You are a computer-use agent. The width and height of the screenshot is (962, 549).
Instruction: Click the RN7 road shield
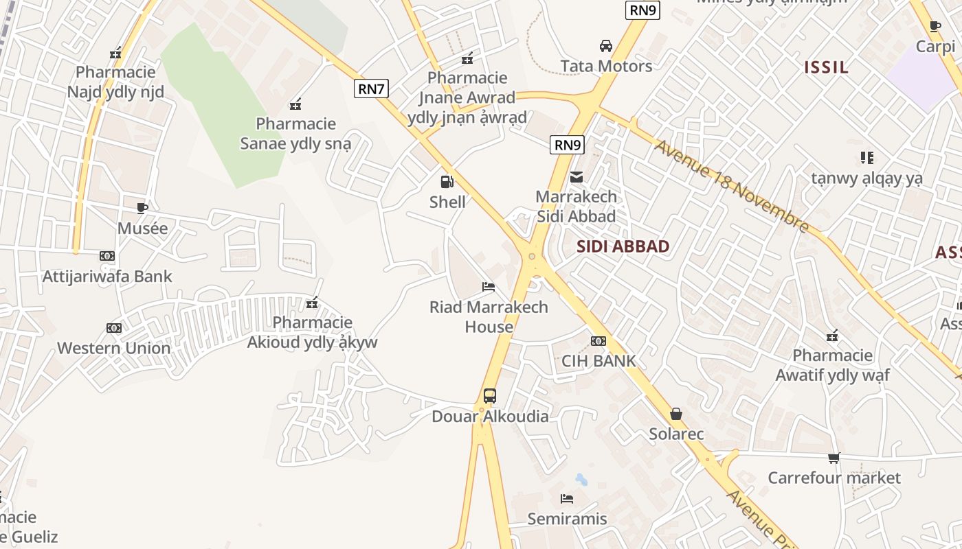click(x=372, y=89)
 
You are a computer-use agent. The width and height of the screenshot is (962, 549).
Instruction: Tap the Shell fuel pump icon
click(x=447, y=182)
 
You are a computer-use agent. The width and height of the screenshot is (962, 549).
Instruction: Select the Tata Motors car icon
click(x=605, y=46)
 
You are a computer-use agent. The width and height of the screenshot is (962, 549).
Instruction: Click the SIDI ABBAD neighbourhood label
click(x=623, y=247)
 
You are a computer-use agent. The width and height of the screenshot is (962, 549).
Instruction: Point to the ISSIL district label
click(x=827, y=67)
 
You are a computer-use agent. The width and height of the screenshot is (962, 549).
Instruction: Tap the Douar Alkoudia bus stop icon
click(x=490, y=395)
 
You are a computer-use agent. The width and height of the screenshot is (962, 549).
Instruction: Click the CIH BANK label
click(x=599, y=361)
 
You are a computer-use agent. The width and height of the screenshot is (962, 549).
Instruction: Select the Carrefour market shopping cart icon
click(x=834, y=458)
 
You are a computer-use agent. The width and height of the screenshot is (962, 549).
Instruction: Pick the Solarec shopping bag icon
click(x=676, y=414)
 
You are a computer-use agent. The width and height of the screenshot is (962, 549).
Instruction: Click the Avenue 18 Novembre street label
click(x=732, y=186)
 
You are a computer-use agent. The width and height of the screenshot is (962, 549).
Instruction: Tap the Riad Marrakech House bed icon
click(x=489, y=286)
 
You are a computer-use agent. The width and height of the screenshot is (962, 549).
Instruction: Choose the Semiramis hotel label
click(x=567, y=519)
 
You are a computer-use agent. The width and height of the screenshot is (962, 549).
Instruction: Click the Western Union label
click(x=114, y=348)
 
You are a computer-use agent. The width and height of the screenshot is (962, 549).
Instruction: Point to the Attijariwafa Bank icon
click(x=107, y=256)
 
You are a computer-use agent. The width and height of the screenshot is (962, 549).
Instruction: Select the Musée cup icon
click(x=142, y=207)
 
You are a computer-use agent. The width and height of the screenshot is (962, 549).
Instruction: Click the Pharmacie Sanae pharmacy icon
click(x=295, y=104)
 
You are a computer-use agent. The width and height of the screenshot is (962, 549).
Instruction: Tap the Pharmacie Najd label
click(x=115, y=82)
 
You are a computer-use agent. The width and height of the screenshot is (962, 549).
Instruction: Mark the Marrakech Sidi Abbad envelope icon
click(x=576, y=177)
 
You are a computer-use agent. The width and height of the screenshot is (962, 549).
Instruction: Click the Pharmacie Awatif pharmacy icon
click(x=832, y=336)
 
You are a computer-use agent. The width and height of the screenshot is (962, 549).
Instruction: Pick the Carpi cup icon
click(x=935, y=27)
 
